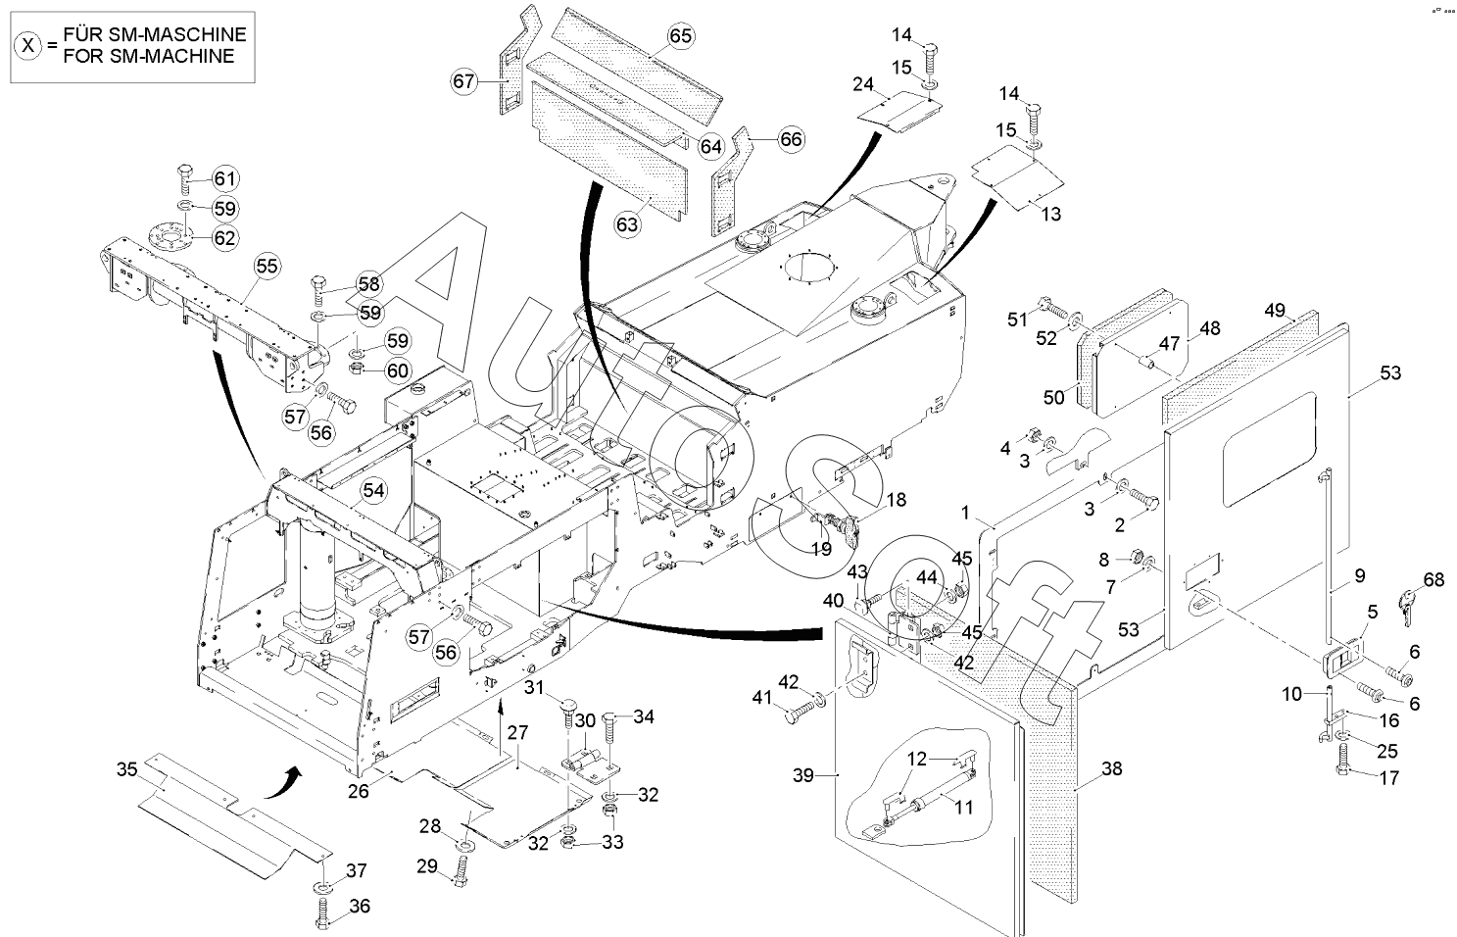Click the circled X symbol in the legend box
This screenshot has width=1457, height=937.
[x=28, y=45]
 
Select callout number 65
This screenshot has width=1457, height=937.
[x=680, y=35]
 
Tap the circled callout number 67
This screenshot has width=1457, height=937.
[x=463, y=82]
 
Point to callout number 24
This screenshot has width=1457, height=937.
[x=863, y=84]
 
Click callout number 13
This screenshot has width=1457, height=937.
[x=1051, y=214]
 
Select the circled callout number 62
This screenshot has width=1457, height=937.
[x=224, y=238]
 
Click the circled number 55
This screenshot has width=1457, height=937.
[x=267, y=267]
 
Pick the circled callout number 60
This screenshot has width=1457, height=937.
[x=398, y=370]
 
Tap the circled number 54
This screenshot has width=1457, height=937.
[x=373, y=491]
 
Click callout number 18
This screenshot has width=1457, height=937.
[x=897, y=500]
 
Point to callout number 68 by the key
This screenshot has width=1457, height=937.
[x=1433, y=580]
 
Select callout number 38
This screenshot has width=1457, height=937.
[x=1112, y=769]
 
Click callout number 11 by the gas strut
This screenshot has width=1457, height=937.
[x=963, y=808]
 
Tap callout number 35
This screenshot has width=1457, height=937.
[x=126, y=769]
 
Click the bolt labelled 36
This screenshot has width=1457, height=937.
[x=323, y=913]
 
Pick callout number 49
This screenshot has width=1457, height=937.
[x=1275, y=311]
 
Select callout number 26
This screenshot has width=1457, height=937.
[x=359, y=792]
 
